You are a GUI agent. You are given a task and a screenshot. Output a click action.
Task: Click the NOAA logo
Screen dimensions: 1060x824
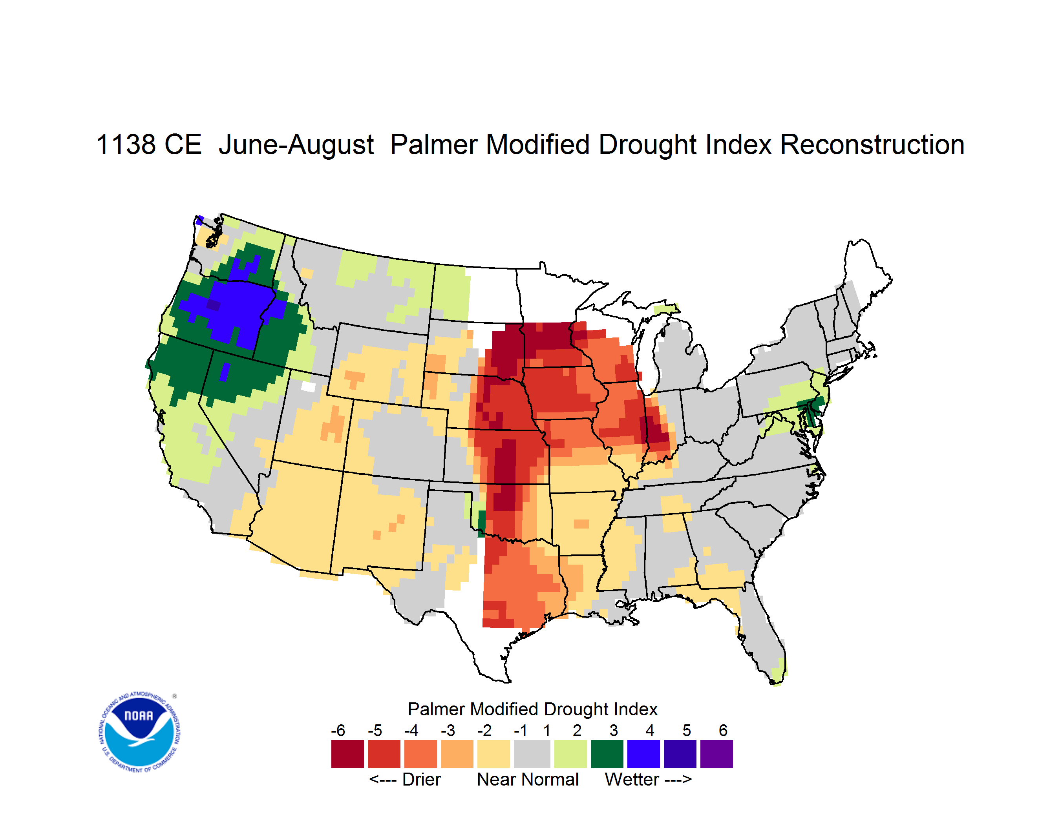[139, 732]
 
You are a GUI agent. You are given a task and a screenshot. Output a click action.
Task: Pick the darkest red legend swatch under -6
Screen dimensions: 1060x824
[347, 754]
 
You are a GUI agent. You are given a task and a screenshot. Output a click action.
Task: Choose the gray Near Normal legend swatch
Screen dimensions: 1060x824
[532, 754]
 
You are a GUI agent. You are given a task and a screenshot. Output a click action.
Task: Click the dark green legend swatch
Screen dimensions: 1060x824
[607, 754]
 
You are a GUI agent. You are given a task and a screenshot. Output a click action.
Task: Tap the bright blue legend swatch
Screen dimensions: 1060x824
[643, 754]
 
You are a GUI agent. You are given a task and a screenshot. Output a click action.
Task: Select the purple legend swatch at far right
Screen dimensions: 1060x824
[716, 754]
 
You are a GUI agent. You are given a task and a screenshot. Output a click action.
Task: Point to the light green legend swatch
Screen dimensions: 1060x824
[570, 754]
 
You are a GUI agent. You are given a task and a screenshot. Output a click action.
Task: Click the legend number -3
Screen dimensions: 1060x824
[448, 730]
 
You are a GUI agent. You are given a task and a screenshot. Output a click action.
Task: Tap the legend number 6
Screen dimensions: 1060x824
[723, 730]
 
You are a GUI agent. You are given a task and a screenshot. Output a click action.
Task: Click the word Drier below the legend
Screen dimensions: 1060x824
[421, 779]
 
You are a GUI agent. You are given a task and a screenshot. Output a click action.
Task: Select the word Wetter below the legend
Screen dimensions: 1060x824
[632, 779]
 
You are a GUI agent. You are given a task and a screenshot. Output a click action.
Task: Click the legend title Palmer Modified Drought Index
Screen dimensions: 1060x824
[532, 709]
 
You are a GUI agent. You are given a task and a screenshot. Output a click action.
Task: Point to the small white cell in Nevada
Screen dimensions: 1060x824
[308, 386]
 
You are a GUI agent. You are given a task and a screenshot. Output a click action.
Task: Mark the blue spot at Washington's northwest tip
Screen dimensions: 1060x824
[199, 220]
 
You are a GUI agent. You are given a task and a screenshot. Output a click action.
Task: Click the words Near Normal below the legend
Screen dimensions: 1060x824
[528, 779]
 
